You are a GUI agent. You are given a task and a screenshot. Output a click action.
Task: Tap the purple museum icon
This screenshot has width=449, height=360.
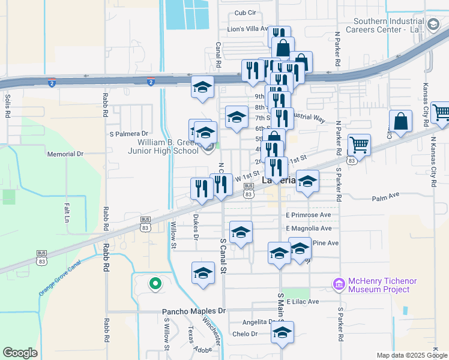pyautogui.click(x=339, y=283)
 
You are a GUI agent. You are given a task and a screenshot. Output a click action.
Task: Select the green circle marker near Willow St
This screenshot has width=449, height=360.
pyautogui.click(x=155, y=283)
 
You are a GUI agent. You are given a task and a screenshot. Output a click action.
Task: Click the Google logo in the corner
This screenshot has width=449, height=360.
pyautogui.click(x=20, y=353)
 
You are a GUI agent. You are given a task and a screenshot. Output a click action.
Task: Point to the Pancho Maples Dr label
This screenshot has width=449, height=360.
pyautogui.click(x=194, y=311)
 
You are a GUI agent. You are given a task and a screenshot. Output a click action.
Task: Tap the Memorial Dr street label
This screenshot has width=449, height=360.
pyautogui.click(x=65, y=154)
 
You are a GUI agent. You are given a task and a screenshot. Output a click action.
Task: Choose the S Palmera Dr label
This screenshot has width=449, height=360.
pyautogui.click(x=128, y=134)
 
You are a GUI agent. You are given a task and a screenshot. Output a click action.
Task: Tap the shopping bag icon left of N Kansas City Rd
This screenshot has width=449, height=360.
pyautogui.click(x=400, y=121)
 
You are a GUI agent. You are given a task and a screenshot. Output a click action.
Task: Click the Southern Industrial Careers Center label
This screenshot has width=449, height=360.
pyautogui.click(x=393, y=25)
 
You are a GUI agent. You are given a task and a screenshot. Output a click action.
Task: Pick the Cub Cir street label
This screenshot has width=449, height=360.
pyautogui.click(x=245, y=13)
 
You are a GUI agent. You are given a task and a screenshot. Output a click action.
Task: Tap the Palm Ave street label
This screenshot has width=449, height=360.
pyautogui.click(x=385, y=197)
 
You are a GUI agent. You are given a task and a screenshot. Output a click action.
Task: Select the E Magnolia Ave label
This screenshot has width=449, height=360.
pyautogui.click(x=309, y=229)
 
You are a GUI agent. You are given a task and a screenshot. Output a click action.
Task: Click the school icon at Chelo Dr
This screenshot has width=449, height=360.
pyautogui.click(x=282, y=332)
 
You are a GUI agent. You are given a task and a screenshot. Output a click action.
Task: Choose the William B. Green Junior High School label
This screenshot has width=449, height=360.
pyautogui.click(x=168, y=146)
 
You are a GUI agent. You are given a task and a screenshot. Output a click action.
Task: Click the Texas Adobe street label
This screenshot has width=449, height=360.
pyautogui.click(x=192, y=339)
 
